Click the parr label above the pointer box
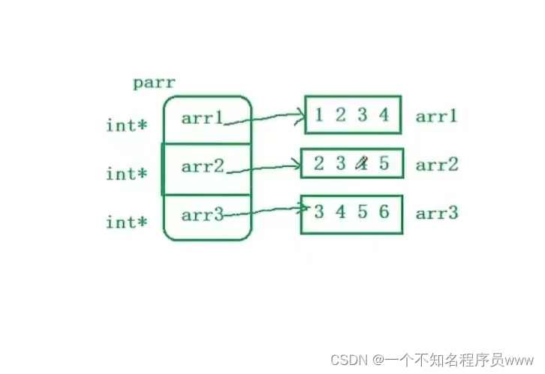(155, 83)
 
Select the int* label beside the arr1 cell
(126, 125)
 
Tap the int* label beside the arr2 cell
(126, 174)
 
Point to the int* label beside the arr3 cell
(126, 223)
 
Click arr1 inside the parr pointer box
(203, 118)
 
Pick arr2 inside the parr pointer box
(203, 166)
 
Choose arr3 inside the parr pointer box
(203, 216)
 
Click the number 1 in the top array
(320, 115)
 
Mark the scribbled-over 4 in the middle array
(363, 163)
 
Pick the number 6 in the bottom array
(384, 212)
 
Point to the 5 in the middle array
(384, 163)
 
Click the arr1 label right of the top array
(436, 116)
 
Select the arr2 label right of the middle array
(436, 165)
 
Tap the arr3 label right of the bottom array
(436, 213)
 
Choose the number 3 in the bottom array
(319, 212)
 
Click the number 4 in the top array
(384, 115)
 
